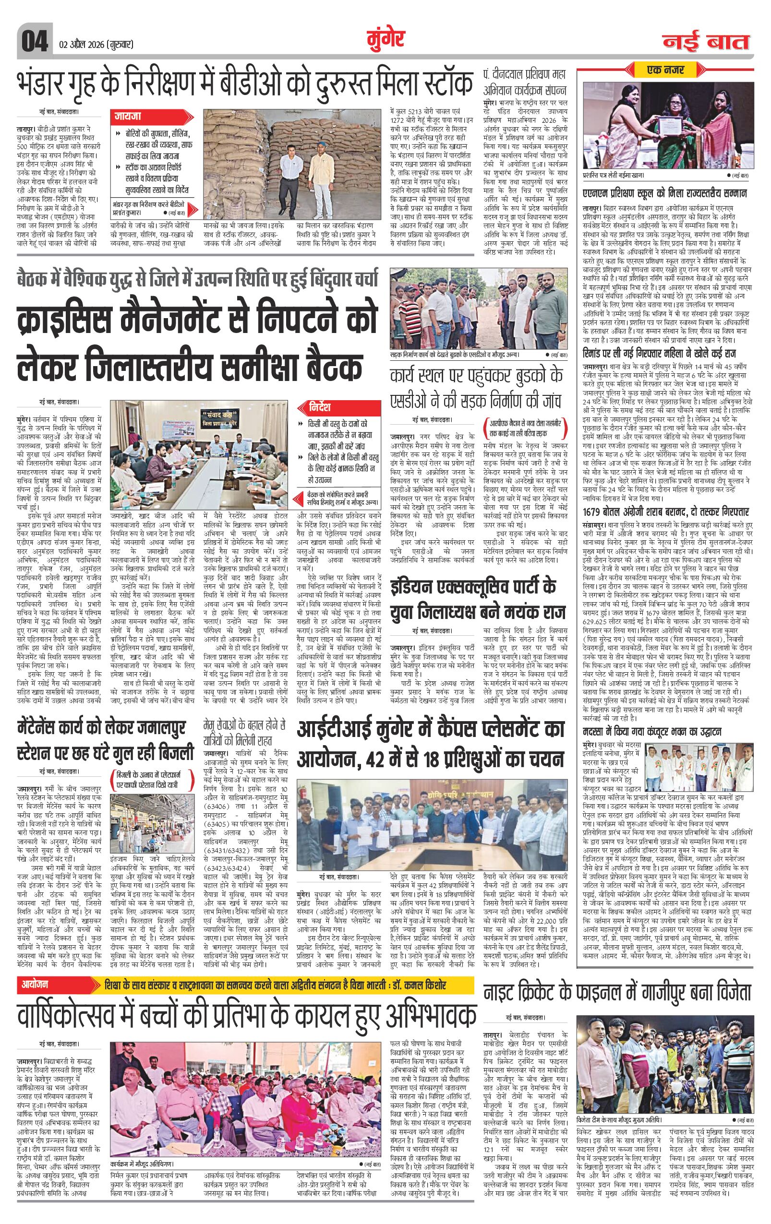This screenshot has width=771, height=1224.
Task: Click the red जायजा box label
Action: [127, 116]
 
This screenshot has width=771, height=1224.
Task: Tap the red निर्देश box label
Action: [322, 407]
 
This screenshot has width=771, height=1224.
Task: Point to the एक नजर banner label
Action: [666, 70]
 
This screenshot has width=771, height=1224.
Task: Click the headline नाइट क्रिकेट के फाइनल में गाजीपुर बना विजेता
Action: [616, 992]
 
